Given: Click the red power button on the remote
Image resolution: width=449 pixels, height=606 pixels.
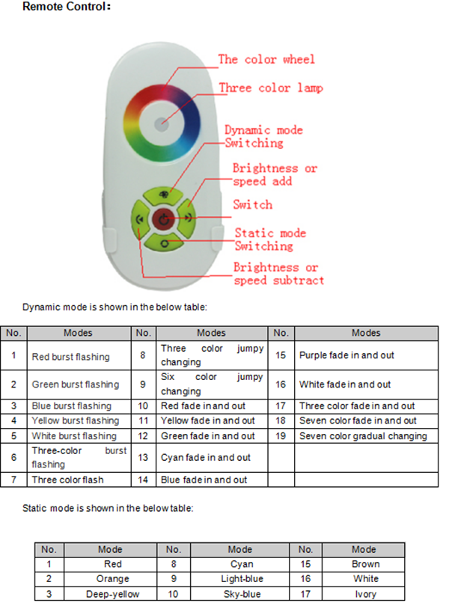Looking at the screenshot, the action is [164, 219].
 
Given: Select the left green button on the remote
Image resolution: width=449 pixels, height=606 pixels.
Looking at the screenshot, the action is [140, 219].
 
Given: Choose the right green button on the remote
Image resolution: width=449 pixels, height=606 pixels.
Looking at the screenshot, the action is [187, 218].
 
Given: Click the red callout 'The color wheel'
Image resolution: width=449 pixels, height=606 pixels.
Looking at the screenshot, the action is [266, 60].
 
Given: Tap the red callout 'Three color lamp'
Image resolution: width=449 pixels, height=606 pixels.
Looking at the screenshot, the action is [271, 88].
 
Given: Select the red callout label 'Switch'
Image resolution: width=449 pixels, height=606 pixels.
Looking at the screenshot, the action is [252, 204].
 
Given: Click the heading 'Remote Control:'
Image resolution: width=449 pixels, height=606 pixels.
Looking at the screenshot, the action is [67, 7].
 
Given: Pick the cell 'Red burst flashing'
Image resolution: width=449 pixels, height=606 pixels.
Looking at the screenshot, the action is [71, 357].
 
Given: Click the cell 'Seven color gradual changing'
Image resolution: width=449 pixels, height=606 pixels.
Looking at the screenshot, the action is [363, 436].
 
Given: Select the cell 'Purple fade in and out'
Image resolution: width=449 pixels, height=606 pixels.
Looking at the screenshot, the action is [346, 355].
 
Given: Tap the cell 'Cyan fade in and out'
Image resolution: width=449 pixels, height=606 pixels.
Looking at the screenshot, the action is [206, 458].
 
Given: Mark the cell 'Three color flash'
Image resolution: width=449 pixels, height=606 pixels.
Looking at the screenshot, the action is [67, 480].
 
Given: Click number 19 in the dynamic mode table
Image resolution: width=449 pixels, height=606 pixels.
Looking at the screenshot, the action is [281, 436].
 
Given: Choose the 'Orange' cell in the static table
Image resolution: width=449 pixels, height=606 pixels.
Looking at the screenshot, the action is [112, 578].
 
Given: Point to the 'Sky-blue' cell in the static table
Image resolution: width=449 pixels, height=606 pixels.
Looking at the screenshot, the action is [242, 594].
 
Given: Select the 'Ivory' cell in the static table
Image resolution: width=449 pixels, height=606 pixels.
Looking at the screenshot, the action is [365, 594].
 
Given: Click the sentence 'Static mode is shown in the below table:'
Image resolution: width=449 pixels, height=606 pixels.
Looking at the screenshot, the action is [108, 508].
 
